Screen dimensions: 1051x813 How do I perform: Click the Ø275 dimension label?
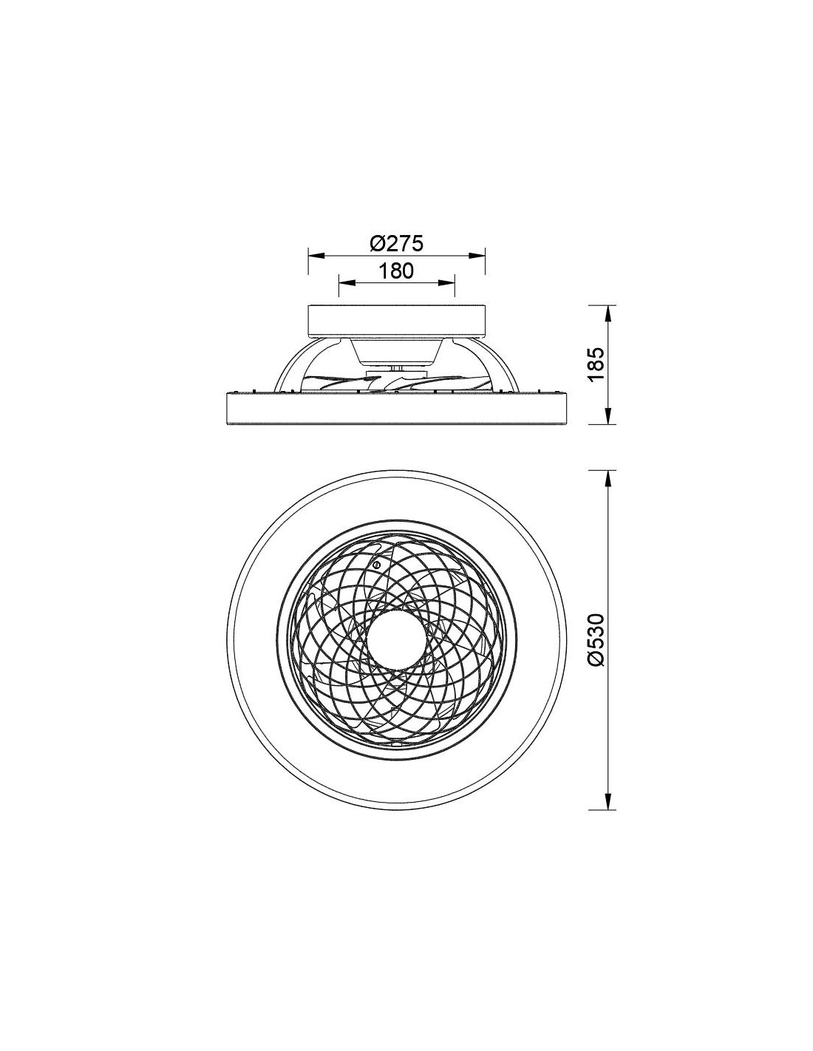pos(398,242)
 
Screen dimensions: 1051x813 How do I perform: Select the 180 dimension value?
pos(398,271)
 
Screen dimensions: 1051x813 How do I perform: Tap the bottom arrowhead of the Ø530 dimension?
pos(608,803)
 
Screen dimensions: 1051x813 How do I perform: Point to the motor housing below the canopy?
pos(398,353)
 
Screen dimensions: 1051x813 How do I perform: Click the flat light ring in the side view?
pos(398,409)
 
